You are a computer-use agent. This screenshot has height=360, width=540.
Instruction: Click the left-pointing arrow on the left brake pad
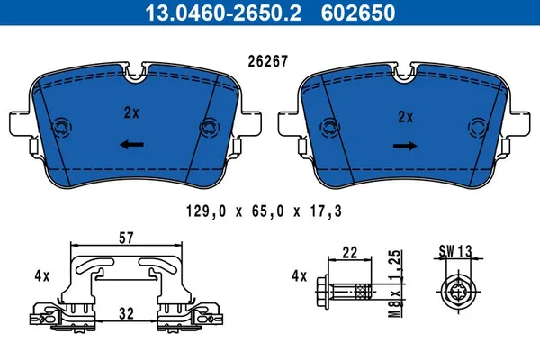(x=132, y=144)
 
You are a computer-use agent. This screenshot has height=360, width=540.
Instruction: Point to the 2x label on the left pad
(x=132, y=114)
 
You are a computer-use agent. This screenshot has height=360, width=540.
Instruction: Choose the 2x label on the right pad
(x=404, y=115)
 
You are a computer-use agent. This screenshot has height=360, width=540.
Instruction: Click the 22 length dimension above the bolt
(x=351, y=254)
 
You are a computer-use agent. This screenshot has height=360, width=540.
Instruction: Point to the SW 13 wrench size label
(x=459, y=252)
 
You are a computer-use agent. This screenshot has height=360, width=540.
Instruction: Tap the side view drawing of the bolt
(x=346, y=292)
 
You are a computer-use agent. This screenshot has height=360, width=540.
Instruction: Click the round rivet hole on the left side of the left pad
(x=63, y=128)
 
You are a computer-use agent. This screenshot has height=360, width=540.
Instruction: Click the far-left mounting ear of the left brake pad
(x=19, y=121)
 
